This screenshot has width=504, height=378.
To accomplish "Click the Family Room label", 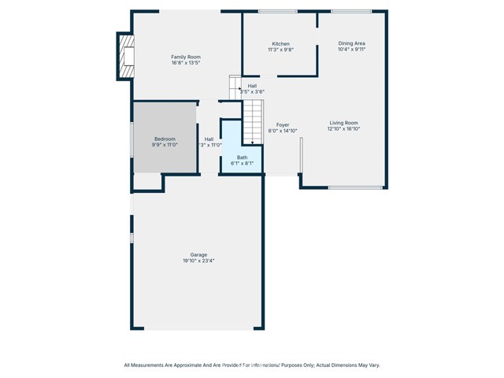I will click(x=187, y=57).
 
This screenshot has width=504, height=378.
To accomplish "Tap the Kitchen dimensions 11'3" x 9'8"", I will click(x=281, y=50).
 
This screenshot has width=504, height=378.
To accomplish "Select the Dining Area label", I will click(x=352, y=43).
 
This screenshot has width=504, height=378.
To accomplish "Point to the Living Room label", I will click(x=343, y=123).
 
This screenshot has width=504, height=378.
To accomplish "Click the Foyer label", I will click(x=283, y=124).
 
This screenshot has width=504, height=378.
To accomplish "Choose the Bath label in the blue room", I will click(x=242, y=157).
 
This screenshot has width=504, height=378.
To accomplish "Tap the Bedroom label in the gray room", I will click(x=165, y=139).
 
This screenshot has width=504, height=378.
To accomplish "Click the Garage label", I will click(x=198, y=254).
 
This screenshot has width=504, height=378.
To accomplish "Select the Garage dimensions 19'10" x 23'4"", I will click(x=198, y=261).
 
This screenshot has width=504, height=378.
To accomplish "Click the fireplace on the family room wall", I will click(x=124, y=56).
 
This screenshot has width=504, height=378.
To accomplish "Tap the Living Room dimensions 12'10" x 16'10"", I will click(x=343, y=129).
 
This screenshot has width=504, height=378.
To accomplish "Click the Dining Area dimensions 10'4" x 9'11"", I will click(x=352, y=50).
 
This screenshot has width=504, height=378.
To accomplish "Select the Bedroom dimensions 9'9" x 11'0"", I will click(x=165, y=145).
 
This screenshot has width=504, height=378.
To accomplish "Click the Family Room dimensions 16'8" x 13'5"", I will click(x=187, y=63).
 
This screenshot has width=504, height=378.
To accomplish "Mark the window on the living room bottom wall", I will click(x=355, y=187).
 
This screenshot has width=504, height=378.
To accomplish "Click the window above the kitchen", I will click(x=272, y=11).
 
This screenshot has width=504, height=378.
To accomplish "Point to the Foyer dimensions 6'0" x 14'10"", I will click(x=283, y=131).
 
